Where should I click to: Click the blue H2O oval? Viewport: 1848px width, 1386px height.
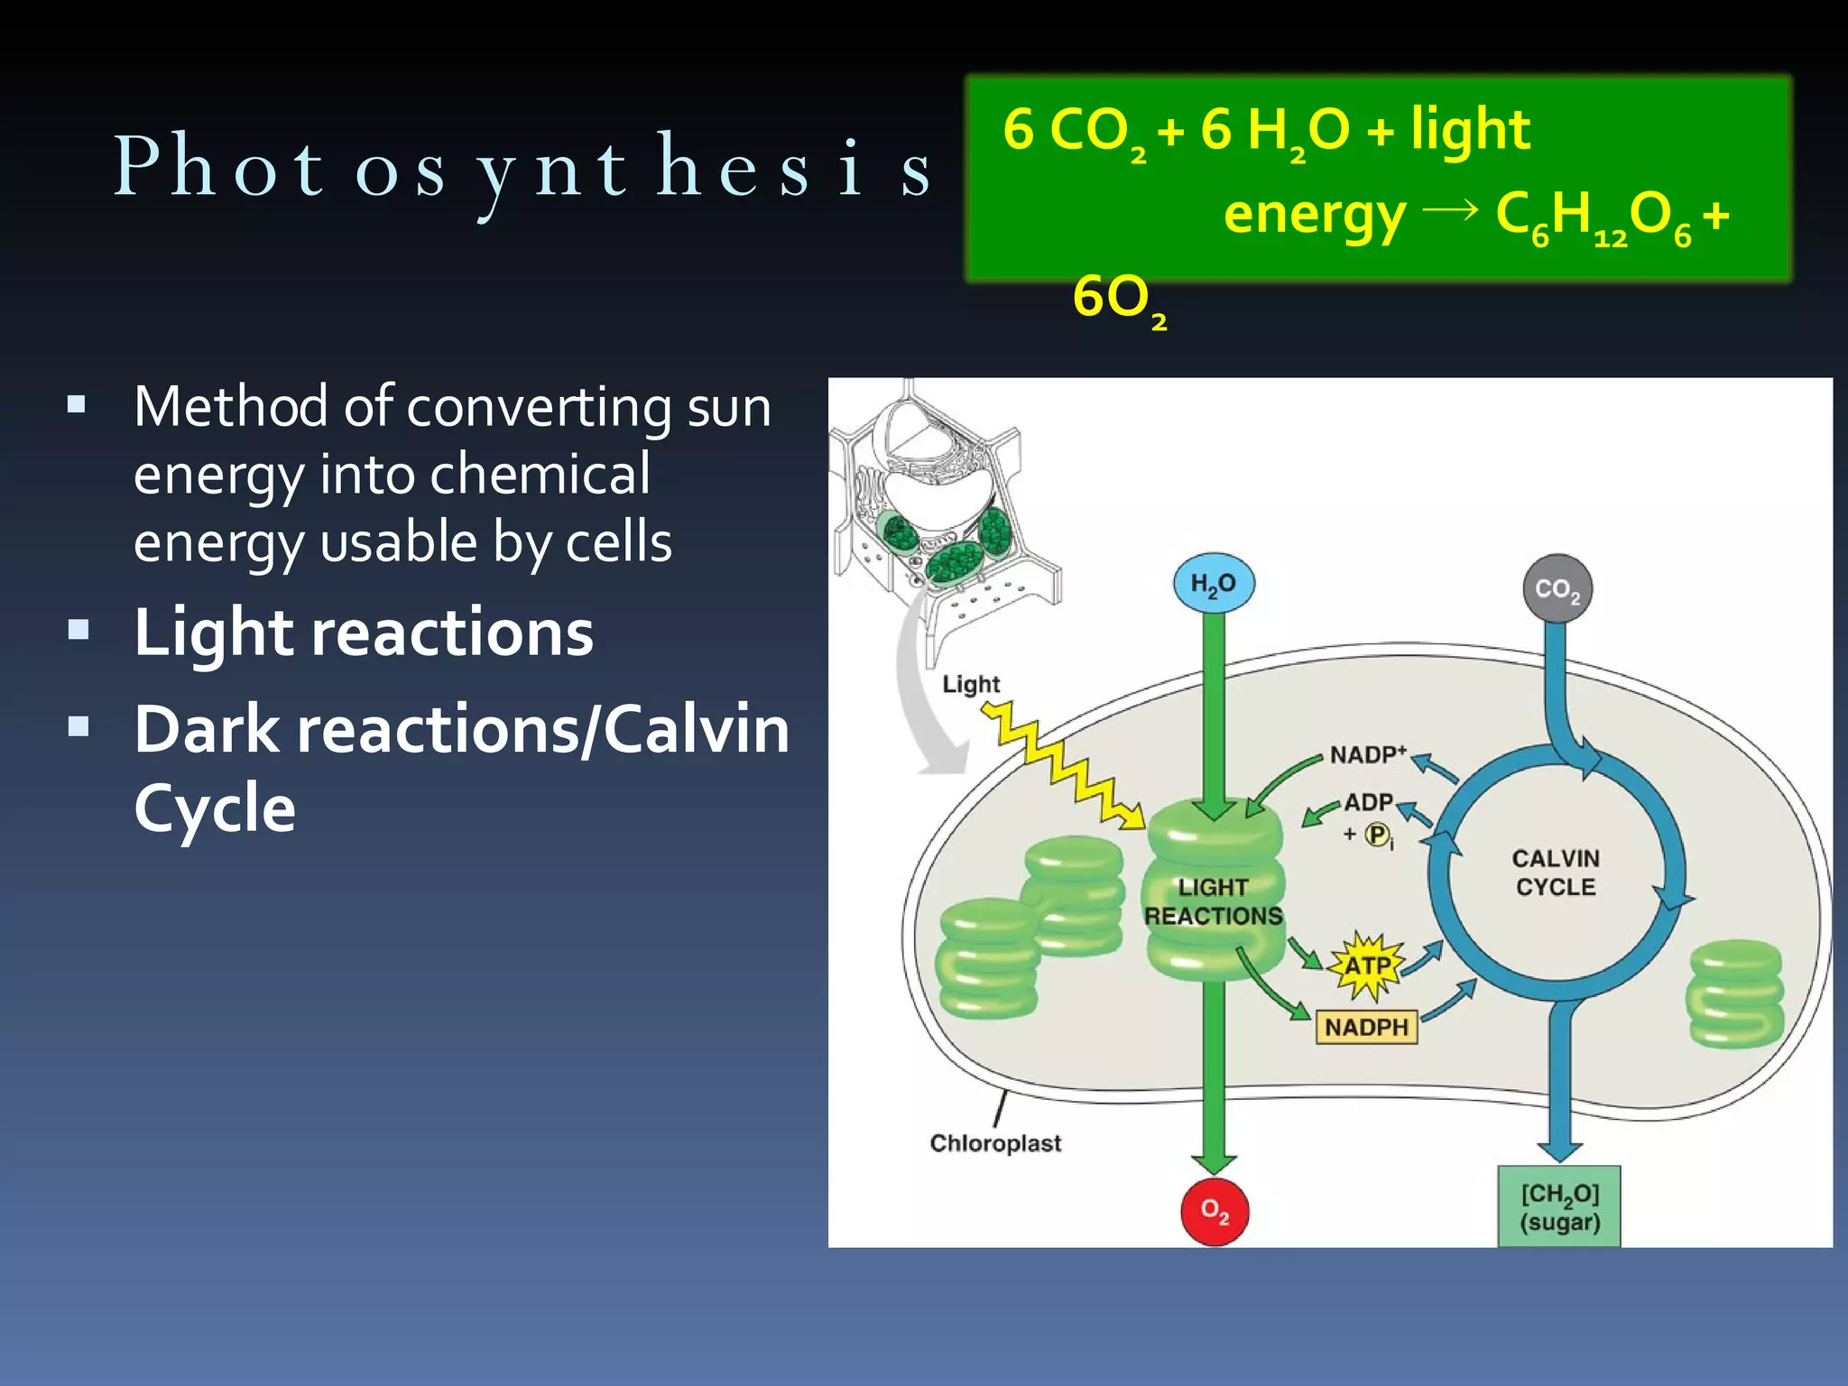pyautogui.click(x=1214, y=584)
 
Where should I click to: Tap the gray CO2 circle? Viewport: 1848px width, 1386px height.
pyautogui.click(x=1557, y=589)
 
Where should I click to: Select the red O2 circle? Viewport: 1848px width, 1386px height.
pyautogui.click(x=1215, y=1212)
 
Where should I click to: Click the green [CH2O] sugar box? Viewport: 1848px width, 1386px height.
pyautogui.click(x=1559, y=1207)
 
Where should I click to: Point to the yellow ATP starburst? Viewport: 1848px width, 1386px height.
pyautogui.click(x=1368, y=966)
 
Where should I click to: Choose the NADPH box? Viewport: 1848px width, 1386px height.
pyautogui.click(x=1366, y=1027)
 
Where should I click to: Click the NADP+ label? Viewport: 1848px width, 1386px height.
pyautogui.click(x=1368, y=754)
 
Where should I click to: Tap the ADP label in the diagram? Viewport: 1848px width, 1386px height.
pyautogui.click(x=1369, y=802)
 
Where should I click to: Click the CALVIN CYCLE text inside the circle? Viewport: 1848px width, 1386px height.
pyautogui.click(x=1556, y=873)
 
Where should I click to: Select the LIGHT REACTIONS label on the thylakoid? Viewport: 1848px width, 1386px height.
pyautogui.click(x=1213, y=901)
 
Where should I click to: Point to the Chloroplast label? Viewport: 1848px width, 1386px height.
pyautogui.click(x=995, y=1143)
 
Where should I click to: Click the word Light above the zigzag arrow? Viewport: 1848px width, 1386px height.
pyautogui.click(x=971, y=684)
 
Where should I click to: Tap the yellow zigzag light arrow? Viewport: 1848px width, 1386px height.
pyautogui.click(x=1065, y=767)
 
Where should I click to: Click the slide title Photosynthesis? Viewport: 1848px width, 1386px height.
pyautogui.click(x=523, y=167)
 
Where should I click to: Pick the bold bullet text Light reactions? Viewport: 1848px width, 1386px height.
pyautogui.click(x=364, y=632)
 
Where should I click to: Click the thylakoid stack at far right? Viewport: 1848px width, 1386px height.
pyautogui.click(x=1734, y=993)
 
